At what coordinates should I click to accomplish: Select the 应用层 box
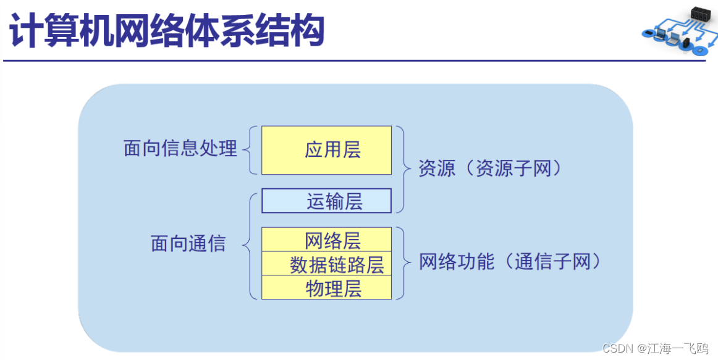coord(326,150)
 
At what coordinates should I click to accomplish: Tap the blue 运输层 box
coord(326,201)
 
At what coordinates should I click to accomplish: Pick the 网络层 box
coord(326,240)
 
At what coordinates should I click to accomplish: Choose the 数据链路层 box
coord(326,264)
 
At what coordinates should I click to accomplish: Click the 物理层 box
coord(326,288)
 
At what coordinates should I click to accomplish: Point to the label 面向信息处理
coord(180,149)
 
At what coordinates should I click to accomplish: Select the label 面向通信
coord(188,244)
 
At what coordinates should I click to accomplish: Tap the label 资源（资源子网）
coord(491,168)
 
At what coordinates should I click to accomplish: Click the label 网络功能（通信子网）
coord(510,262)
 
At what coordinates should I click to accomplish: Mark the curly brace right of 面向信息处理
coord(250,149)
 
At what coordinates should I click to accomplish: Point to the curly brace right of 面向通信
coord(249,245)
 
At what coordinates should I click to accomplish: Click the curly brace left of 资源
coord(403,169)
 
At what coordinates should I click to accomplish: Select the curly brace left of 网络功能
coord(403,263)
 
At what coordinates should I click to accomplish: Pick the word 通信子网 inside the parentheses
coord(552,262)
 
